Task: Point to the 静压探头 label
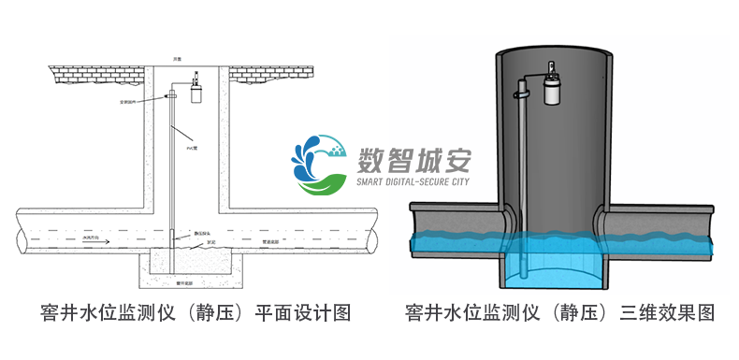[202, 232]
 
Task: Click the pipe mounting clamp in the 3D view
[523, 94]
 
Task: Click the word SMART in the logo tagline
[375, 182]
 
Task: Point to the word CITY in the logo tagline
[455, 182]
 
